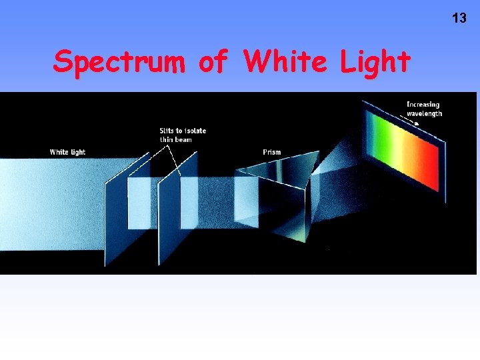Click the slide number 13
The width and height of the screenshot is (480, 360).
click(x=459, y=18)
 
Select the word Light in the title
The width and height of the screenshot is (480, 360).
click(x=375, y=62)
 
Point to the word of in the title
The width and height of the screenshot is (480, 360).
click(x=214, y=62)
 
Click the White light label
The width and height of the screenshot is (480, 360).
click(x=67, y=152)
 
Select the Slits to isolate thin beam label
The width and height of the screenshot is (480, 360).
click(x=182, y=135)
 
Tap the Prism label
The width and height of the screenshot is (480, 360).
click(x=272, y=152)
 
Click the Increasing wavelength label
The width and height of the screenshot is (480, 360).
click(x=424, y=109)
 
